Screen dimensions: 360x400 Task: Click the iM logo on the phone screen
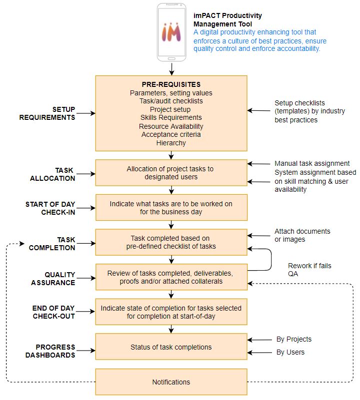171,32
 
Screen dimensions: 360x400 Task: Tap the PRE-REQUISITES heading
171,84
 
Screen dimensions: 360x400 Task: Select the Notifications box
171,382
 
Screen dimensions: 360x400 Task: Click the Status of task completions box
171,347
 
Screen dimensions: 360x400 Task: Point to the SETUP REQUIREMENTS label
47,113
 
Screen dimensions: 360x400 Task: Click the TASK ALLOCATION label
52,174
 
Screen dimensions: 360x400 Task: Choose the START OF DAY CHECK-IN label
50,208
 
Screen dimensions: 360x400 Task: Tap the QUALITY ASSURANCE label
53,279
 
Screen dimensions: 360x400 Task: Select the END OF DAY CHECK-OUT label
53,312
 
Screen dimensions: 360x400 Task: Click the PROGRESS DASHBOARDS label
50,351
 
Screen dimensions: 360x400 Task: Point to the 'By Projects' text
294,339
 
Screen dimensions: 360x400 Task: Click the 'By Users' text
290,352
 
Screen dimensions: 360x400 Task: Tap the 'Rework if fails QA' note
309,270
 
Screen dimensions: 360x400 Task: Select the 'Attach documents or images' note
302,235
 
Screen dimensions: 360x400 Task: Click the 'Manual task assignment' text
312,163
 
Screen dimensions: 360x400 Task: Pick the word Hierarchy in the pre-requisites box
171,143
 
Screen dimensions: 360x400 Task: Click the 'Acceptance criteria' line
171,134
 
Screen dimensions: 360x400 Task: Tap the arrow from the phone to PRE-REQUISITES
171,69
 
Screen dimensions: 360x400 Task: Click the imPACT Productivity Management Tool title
227,19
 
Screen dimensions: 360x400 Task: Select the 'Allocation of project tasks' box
171,173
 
